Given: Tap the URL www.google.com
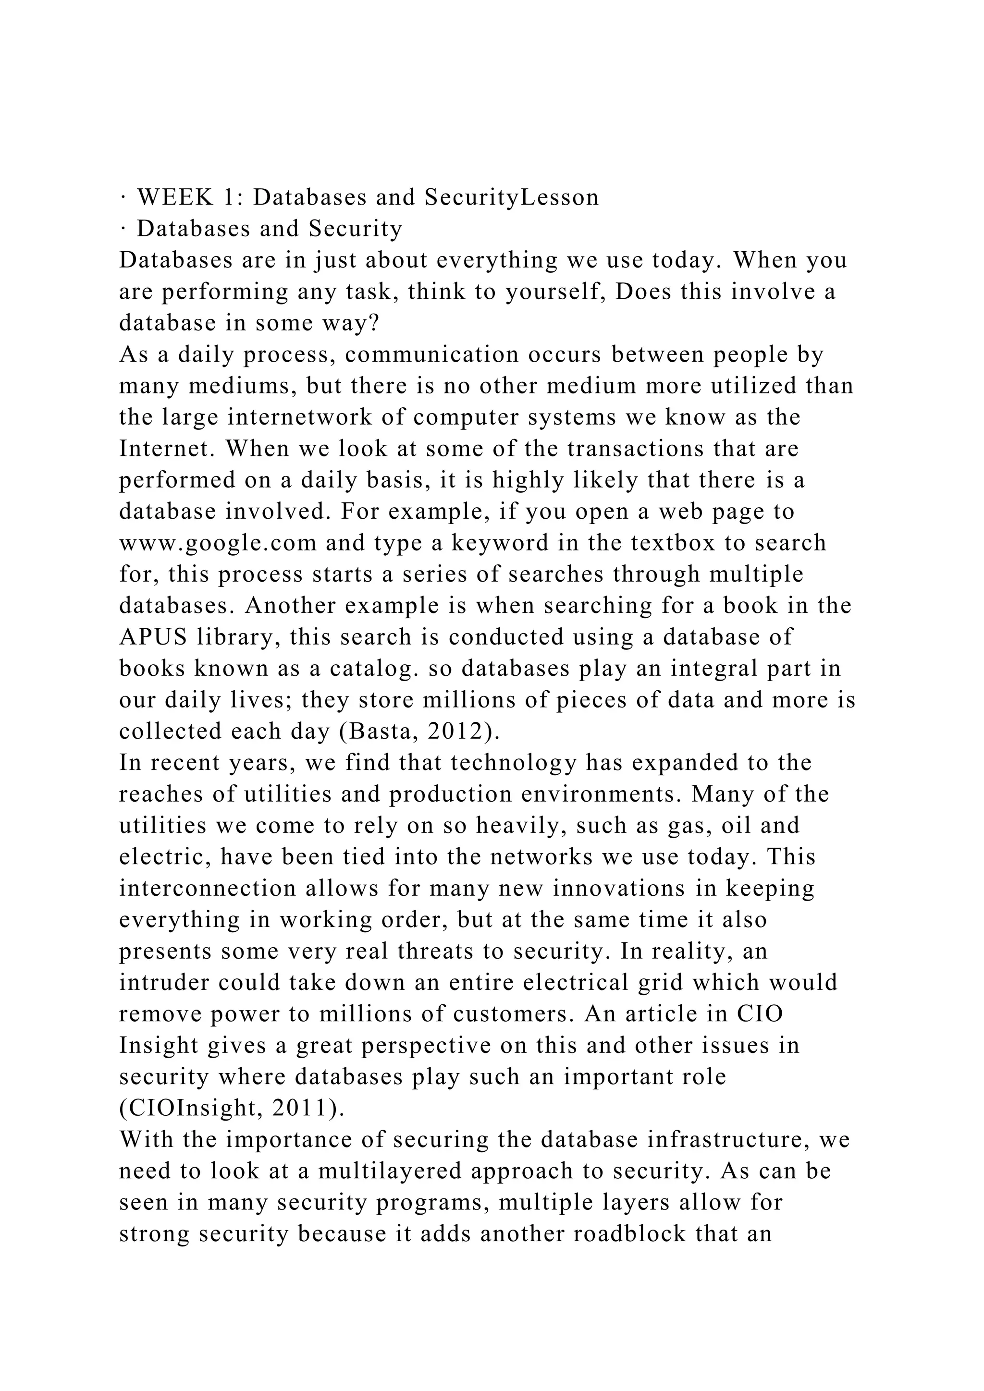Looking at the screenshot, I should coord(218,543).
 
